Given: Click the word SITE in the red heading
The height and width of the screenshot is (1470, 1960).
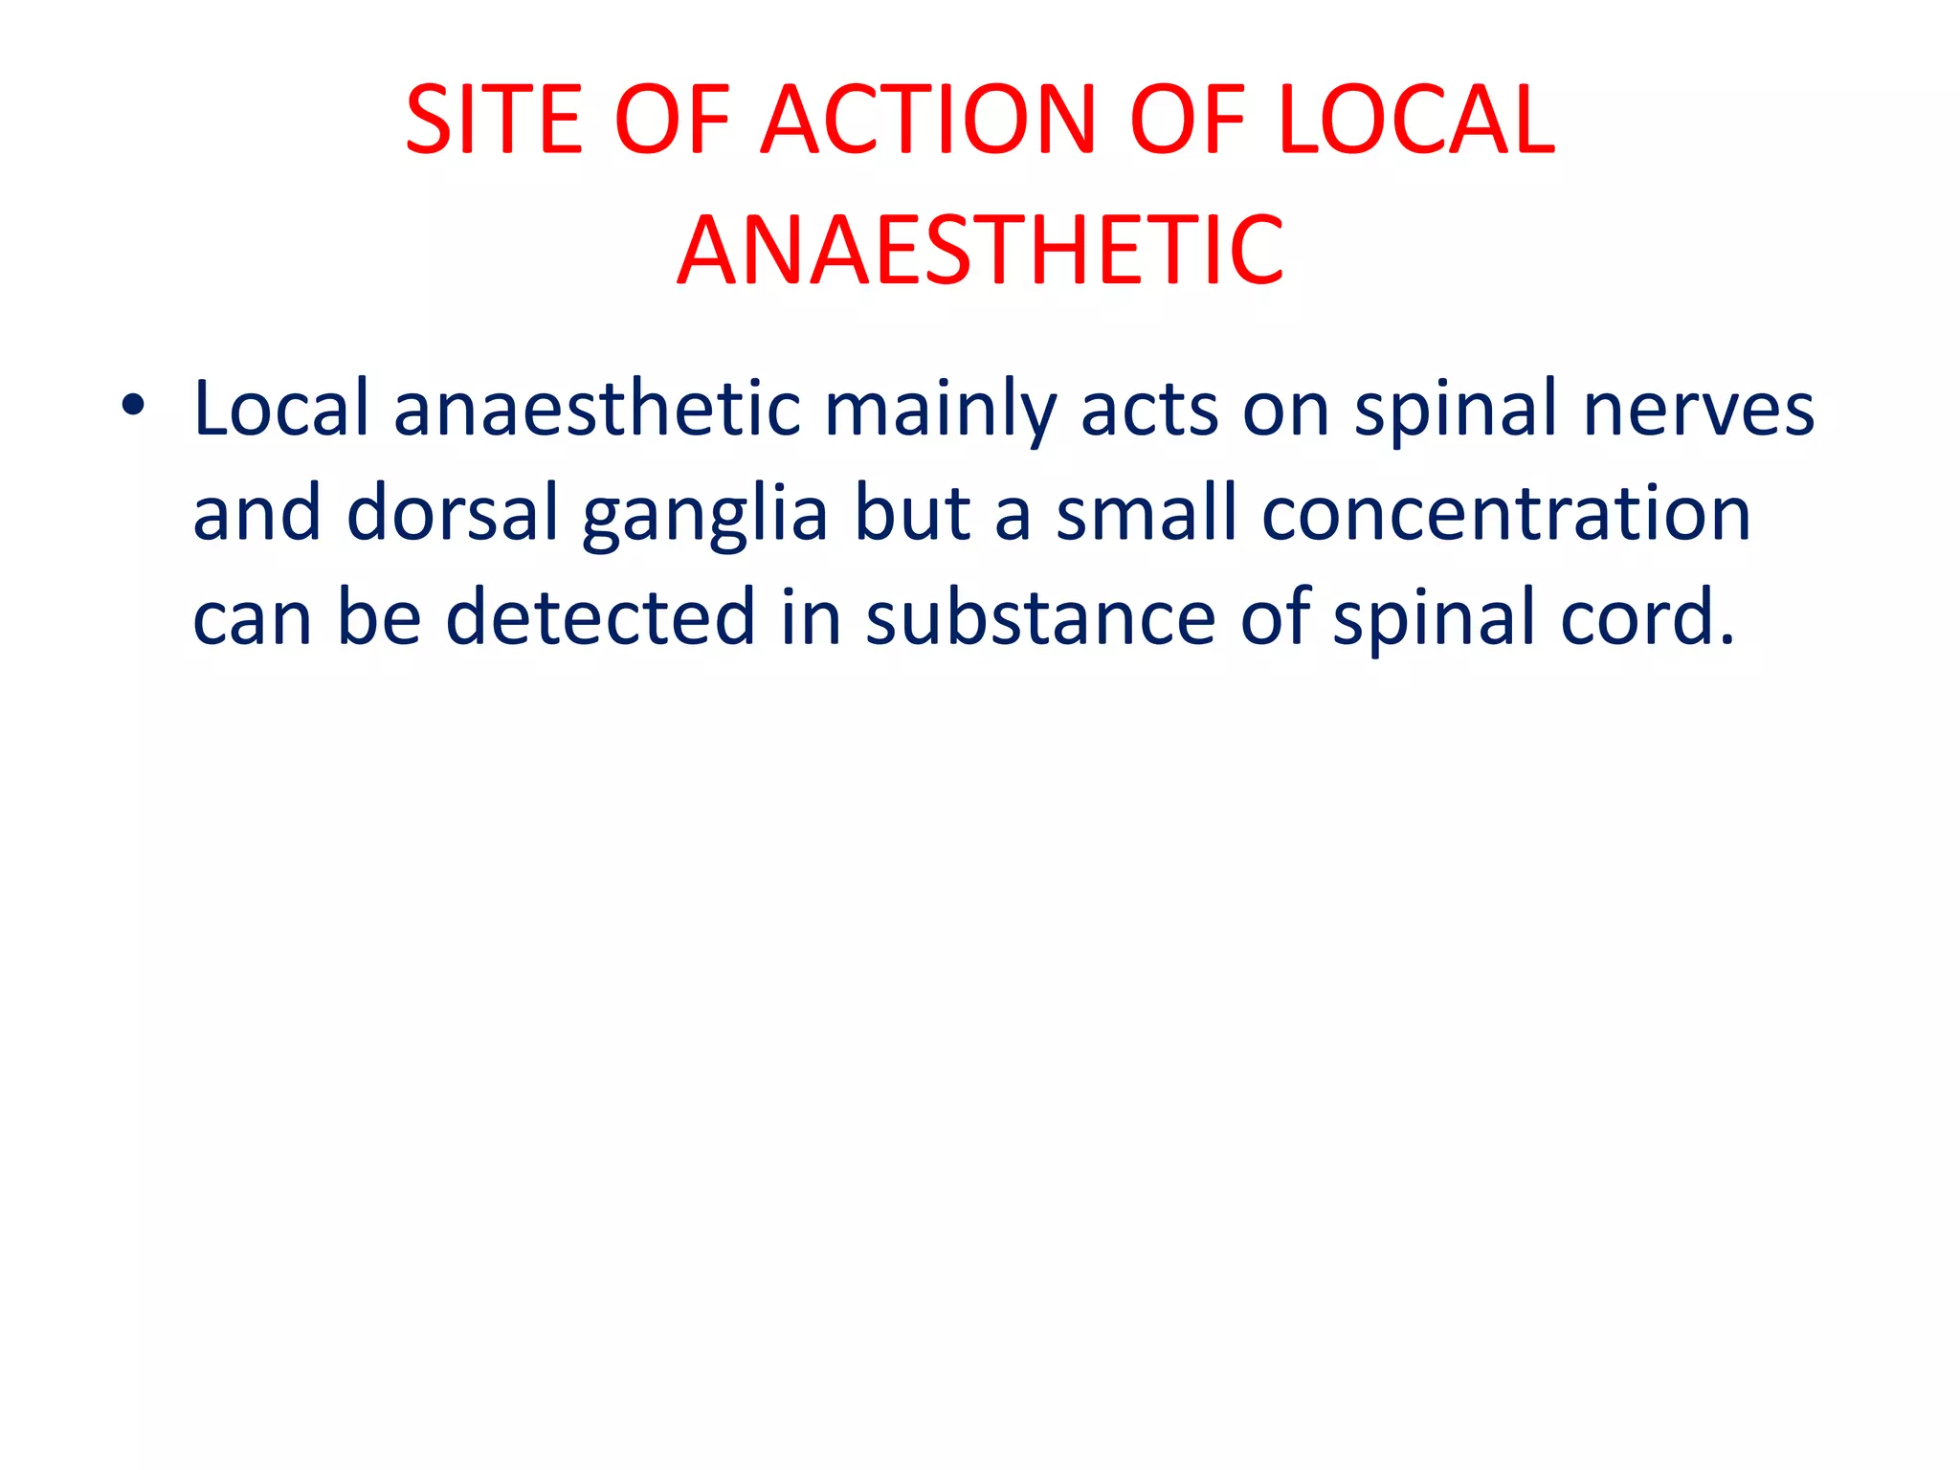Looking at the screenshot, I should [494, 121].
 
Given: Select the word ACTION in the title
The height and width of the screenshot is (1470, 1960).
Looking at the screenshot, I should [927, 121].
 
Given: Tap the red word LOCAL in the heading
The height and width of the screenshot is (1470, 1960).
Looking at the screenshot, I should [1416, 121].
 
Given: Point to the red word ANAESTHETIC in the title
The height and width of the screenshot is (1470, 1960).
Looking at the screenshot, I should [980, 251].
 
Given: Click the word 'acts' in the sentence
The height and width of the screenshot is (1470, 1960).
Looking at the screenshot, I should [1148, 410].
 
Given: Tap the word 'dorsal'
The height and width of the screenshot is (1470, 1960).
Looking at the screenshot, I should [452, 513].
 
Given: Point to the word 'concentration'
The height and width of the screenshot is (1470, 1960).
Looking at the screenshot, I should [1506, 513].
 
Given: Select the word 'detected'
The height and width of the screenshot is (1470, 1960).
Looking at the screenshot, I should [601, 617].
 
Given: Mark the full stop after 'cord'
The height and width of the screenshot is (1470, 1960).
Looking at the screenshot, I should [1726, 639].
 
